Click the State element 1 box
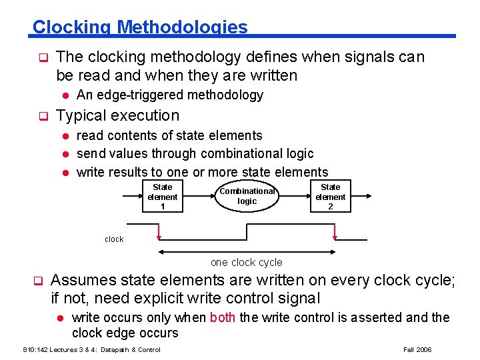[x=162, y=197]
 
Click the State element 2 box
[x=330, y=197]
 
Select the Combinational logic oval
[x=247, y=196]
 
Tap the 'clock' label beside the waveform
[x=114, y=239]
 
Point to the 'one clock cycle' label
[x=247, y=262]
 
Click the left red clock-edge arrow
[x=159, y=232]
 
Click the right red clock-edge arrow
[x=334, y=232]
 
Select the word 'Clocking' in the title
[x=71, y=27]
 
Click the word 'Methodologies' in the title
[x=182, y=27]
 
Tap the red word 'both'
[x=222, y=317]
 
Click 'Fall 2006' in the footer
[x=418, y=349]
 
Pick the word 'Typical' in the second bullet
[x=79, y=115]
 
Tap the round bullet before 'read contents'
[x=66, y=136]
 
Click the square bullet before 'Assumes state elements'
[x=39, y=281]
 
